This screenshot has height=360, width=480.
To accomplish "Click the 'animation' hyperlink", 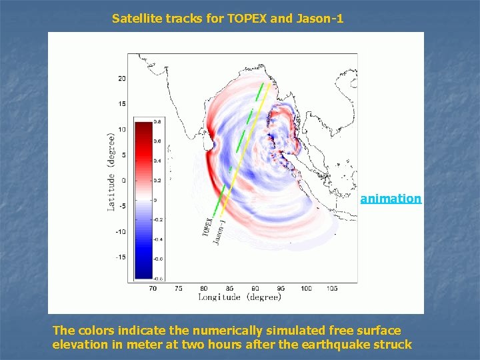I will [x=391, y=199].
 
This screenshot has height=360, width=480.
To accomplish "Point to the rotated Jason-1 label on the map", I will [x=219, y=231].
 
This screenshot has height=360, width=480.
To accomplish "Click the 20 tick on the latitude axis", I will [x=121, y=79].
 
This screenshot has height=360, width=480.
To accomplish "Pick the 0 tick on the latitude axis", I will [x=123, y=181].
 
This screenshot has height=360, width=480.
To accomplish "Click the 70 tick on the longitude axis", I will [x=153, y=289].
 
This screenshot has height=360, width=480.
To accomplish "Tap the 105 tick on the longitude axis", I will [x=331, y=289].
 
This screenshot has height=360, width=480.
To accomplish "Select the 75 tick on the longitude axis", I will [x=178, y=289].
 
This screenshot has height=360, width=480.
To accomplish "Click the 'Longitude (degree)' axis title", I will [x=239, y=297].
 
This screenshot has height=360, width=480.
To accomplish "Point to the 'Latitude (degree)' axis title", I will [x=112, y=171].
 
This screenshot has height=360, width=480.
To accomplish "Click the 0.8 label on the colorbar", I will [x=157, y=122].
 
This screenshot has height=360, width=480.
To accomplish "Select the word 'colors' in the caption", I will [x=95, y=331].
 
